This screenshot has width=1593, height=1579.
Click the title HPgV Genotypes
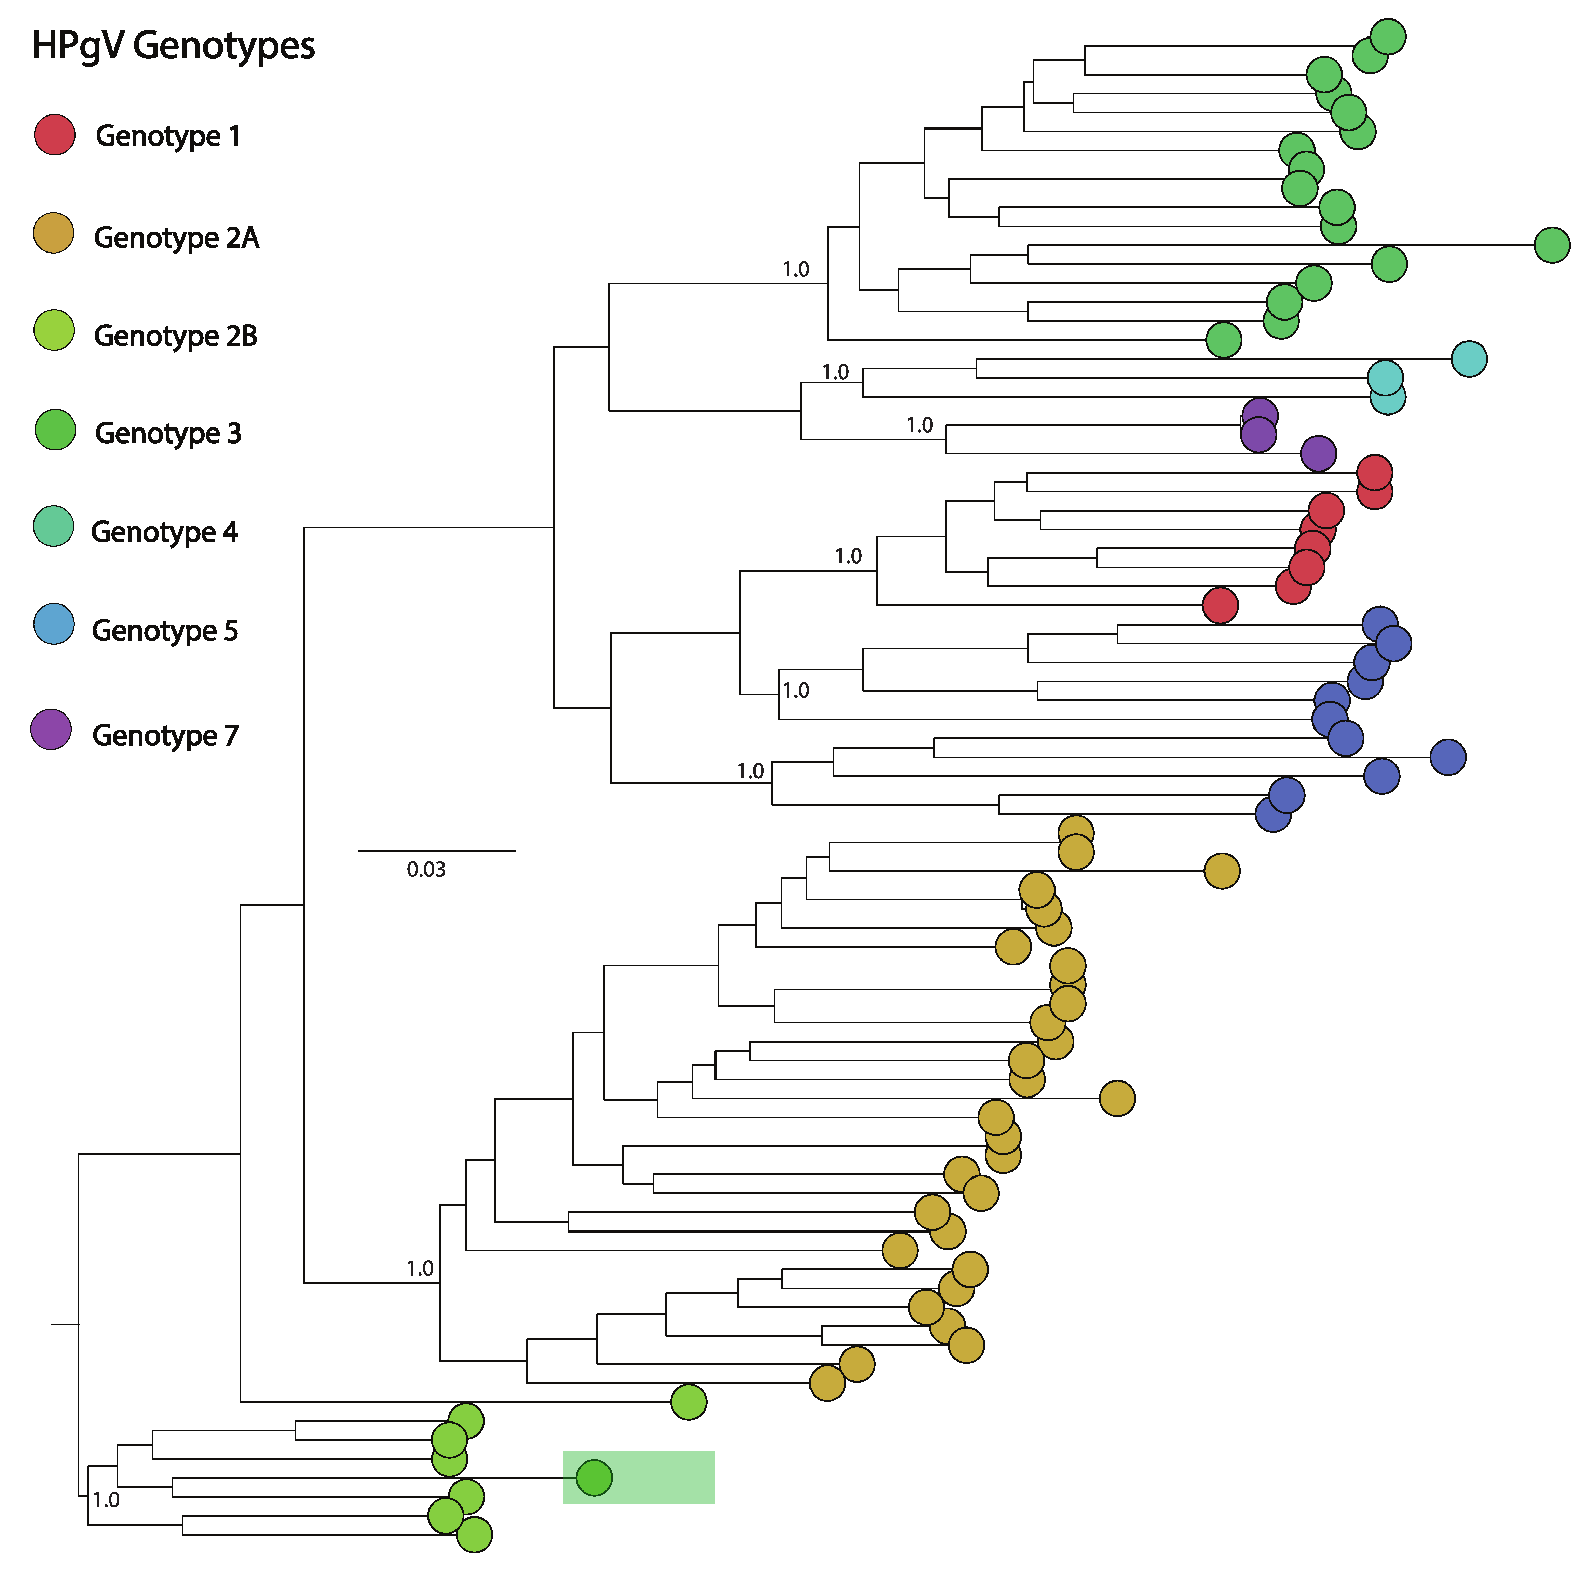[x=173, y=45]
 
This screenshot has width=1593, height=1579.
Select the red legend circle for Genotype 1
[x=54, y=134]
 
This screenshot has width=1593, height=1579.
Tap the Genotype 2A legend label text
[x=176, y=237]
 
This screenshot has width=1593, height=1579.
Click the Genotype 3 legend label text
[x=168, y=433]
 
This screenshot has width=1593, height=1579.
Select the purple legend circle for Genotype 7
[x=51, y=729]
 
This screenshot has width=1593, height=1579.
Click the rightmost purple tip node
[x=1318, y=453]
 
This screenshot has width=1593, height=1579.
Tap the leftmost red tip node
[x=1220, y=605]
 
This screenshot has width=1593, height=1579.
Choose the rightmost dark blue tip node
[x=1448, y=757]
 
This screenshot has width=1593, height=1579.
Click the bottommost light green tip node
[x=474, y=1535]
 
